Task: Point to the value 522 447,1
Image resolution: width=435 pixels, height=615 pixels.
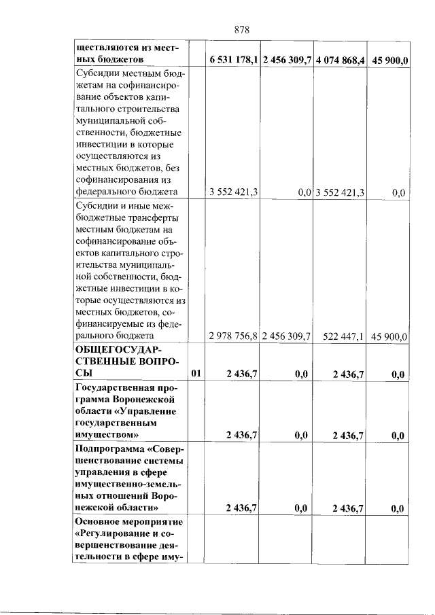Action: [345, 336]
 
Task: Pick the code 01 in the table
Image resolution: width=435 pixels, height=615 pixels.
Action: [196, 374]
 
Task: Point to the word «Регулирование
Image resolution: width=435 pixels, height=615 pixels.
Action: [112, 534]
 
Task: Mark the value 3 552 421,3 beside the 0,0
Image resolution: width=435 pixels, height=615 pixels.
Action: [340, 193]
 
